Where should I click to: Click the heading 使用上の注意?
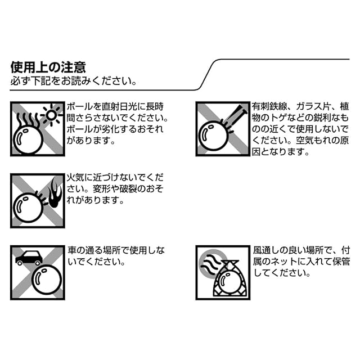click(48, 67)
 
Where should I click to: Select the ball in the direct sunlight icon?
click(29, 138)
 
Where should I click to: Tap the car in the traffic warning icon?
click(28, 258)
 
